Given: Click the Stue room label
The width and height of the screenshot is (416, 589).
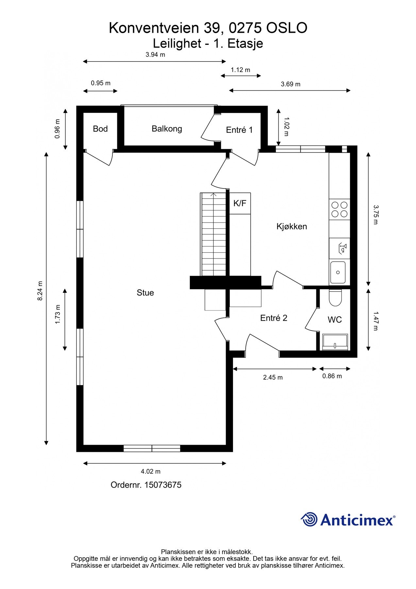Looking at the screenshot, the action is pos(145,293).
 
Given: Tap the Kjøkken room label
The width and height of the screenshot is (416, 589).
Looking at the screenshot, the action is pos(291,226).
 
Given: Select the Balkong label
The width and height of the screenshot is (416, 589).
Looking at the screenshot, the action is pos(167,129).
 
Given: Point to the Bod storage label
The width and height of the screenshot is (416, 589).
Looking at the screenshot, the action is pos(100,129).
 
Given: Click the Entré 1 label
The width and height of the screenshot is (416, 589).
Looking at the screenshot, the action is pos(240,130).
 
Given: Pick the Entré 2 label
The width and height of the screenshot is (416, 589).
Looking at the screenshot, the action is pos(274,318).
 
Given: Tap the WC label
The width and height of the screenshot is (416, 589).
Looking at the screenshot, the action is pos(335,320).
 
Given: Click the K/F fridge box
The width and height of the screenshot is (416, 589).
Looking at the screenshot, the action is pos(240,203).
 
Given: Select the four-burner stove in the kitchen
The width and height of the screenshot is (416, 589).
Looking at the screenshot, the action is pos(340,209).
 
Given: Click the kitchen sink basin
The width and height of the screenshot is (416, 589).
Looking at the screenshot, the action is pos(338,272).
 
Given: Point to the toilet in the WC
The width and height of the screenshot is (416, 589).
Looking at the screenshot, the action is pos(335,297).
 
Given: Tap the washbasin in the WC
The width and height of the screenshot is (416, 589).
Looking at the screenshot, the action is pos(335,342).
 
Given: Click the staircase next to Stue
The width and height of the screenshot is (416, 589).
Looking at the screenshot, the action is pos(213,234).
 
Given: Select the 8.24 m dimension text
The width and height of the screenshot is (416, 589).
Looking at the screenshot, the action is pos(40,291).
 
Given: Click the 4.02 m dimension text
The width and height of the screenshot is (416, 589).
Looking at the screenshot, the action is pos(151,472).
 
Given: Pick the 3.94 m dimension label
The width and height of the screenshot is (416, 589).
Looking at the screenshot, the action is pos(155,55).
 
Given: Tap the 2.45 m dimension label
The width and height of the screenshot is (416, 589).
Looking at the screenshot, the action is pos(273,377).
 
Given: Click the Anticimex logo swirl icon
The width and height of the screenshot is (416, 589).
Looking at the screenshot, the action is pos(309,519).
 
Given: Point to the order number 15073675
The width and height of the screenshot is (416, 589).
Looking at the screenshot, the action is pos(163,485).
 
